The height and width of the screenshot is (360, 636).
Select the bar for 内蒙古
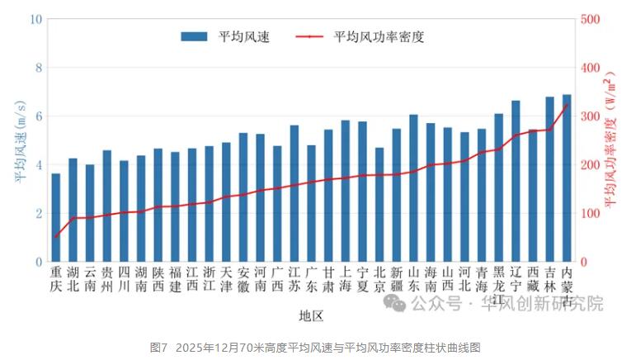[x=567, y=178]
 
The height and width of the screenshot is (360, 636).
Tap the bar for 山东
[x=413, y=188]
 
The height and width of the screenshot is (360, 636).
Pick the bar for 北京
[x=379, y=205]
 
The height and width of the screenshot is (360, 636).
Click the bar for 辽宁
[x=516, y=182]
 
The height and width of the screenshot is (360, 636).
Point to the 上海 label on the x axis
[x=346, y=278]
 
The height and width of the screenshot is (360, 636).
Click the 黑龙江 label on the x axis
[x=499, y=285]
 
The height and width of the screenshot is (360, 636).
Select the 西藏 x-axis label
[x=533, y=278]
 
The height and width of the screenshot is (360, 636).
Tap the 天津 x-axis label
[x=226, y=278]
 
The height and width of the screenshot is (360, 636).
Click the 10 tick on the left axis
[x=36, y=18]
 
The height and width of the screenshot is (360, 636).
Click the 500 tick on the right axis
[x=591, y=18]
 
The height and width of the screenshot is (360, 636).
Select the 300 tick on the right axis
[x=591, y=116]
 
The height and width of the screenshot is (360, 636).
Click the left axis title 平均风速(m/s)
[x=18, y=140]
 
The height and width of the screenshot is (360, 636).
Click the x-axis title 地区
[x=311, y=315]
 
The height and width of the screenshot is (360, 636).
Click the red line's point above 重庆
[x=55, y=237]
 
